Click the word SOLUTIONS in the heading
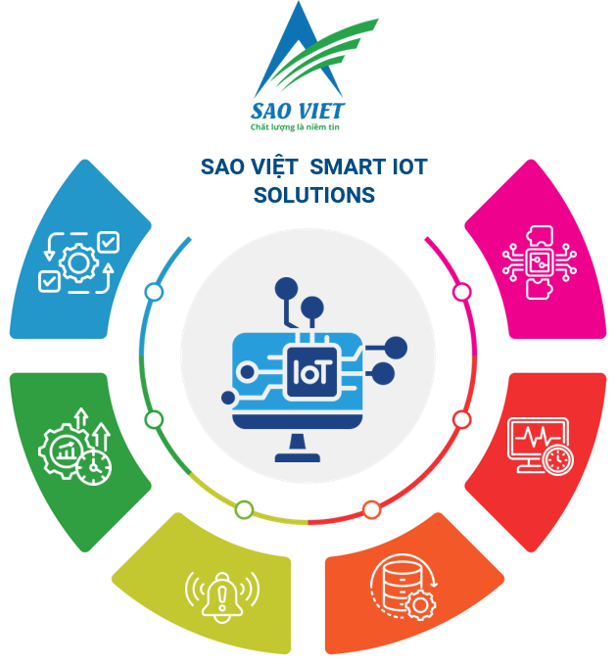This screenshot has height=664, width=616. pos(313,195)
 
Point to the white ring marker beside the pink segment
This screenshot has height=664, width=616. pos(461,292)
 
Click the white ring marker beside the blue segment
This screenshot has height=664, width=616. pos(154,292)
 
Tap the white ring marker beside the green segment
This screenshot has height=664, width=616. pos(154,419)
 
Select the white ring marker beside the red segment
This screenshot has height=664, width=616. pos(461,419)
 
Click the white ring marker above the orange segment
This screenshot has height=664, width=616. pos(371,509)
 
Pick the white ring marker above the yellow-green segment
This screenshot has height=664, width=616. pos(244,509)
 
